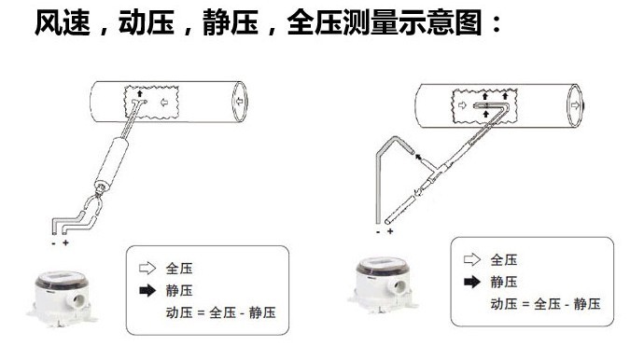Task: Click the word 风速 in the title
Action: (x=63, y=22)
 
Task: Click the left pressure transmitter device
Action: (x=62, y=298)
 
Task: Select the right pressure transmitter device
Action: (x=384, y=285)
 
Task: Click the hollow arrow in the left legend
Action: (x=147, y=269)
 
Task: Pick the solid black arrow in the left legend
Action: (x=147, y=291)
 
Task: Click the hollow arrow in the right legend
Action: (x=472, y=259)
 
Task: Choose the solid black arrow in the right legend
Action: (x=472, y=282)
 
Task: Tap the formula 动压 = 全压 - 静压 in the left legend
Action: (x=220, y=312)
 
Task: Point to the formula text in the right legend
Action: (x=545, y=304)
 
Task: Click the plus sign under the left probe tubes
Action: (x=65, y=242)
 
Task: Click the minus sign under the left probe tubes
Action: (x=54, y=243)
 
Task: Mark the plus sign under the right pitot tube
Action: (x=390, y=231)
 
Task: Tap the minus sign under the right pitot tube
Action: (x=378, y=232)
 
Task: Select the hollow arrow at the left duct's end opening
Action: (x=240, y=102)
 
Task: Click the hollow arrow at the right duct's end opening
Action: (x=575, y=105)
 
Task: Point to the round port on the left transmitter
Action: (x=78, y=301)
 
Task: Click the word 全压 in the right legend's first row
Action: (x=504, y=259)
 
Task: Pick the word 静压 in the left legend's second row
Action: (x=179, y=291)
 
